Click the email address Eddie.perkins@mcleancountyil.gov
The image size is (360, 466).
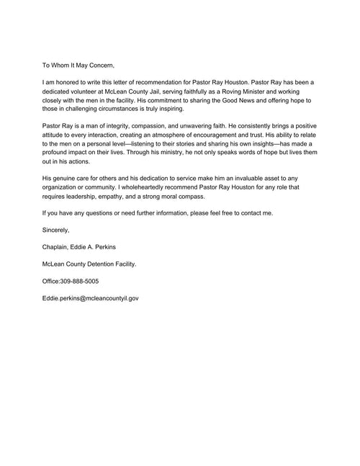(91, 297)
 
